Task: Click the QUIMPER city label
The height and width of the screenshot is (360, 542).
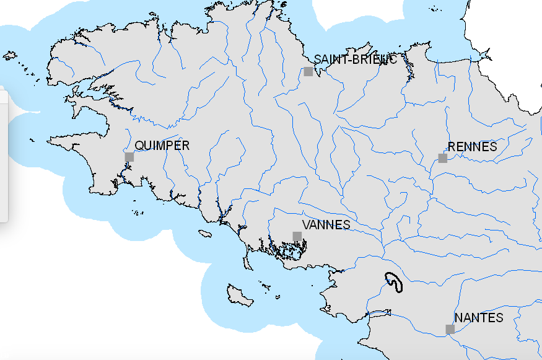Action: pyautogui.click(x=162, y=146)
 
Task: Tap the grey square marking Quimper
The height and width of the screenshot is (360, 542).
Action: pyautogui.click(x=129, y=157)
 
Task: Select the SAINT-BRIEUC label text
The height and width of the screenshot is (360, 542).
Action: pyautogui.click(x=355, y=59)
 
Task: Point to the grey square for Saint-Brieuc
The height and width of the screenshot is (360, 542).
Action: pyautogui.click(x=308, y=71)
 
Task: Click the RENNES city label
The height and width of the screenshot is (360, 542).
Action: pyautogui.click(x=472, y=147)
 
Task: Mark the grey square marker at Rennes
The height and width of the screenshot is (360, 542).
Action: pyautogui.click(x=443, y=158)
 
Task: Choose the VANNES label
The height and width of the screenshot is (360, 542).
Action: pyautogui.click(x=326, y=225)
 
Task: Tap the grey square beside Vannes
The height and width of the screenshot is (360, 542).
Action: pyautogui.click(x=297, y=236)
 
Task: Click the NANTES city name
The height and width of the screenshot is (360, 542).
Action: pyautogui.click(x=479, y=317)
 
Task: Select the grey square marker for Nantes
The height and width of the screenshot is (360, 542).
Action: pyautogui.click(x=450, y=329)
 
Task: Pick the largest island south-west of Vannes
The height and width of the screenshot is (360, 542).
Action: pyautogui.click(x=239, y=295)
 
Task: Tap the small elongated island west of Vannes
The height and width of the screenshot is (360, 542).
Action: pyautogui.click(x=204, y=234)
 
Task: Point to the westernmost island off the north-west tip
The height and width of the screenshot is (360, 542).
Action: pyautogui.click(x=9, y=55)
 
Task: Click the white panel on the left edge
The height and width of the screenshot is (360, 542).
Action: pyautogui.click(x=2, y=155)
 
